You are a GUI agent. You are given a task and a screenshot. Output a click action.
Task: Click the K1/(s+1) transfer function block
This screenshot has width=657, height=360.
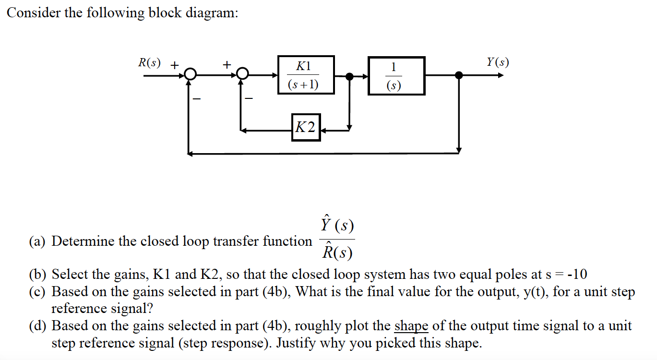(306, 75)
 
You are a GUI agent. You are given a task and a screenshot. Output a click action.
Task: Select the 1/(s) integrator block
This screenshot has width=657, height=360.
(396, 76)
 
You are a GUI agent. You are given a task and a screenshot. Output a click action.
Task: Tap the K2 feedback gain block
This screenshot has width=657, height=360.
(306, 127)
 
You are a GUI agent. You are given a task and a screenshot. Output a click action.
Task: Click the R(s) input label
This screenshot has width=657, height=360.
(149, 63)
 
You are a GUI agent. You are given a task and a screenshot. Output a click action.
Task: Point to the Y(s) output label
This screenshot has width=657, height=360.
(497, 62)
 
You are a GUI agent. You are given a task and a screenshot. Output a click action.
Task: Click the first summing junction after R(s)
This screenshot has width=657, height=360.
(191, 74)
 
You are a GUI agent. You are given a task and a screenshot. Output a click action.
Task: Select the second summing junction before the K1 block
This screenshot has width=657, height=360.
(243, 74)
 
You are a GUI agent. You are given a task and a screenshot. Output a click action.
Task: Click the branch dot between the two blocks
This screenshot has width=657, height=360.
(350, 76)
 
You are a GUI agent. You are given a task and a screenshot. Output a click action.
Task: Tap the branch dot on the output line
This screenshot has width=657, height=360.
(459, 75)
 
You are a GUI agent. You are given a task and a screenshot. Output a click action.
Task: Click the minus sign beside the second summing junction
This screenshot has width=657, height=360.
(249, 98)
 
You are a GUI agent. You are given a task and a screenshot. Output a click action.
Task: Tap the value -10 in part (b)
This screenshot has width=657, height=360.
(576, 275)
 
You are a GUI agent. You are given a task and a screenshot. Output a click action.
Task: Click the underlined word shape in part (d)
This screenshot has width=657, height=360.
(411, 326)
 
